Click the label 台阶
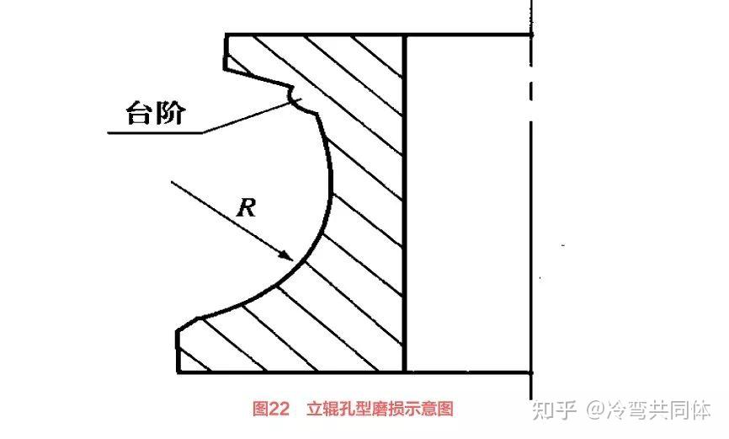click(153, 113)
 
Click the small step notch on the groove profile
click(295, 99)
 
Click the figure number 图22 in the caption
click(271, 410)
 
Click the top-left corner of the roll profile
click(226, 35)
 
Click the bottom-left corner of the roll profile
click(178, 372)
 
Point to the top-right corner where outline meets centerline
click(531, 35)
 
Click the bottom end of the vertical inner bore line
click(406, 372)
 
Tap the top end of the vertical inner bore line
click(406, 35)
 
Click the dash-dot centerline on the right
click(531, 211)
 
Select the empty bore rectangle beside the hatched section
click(468, 202)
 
